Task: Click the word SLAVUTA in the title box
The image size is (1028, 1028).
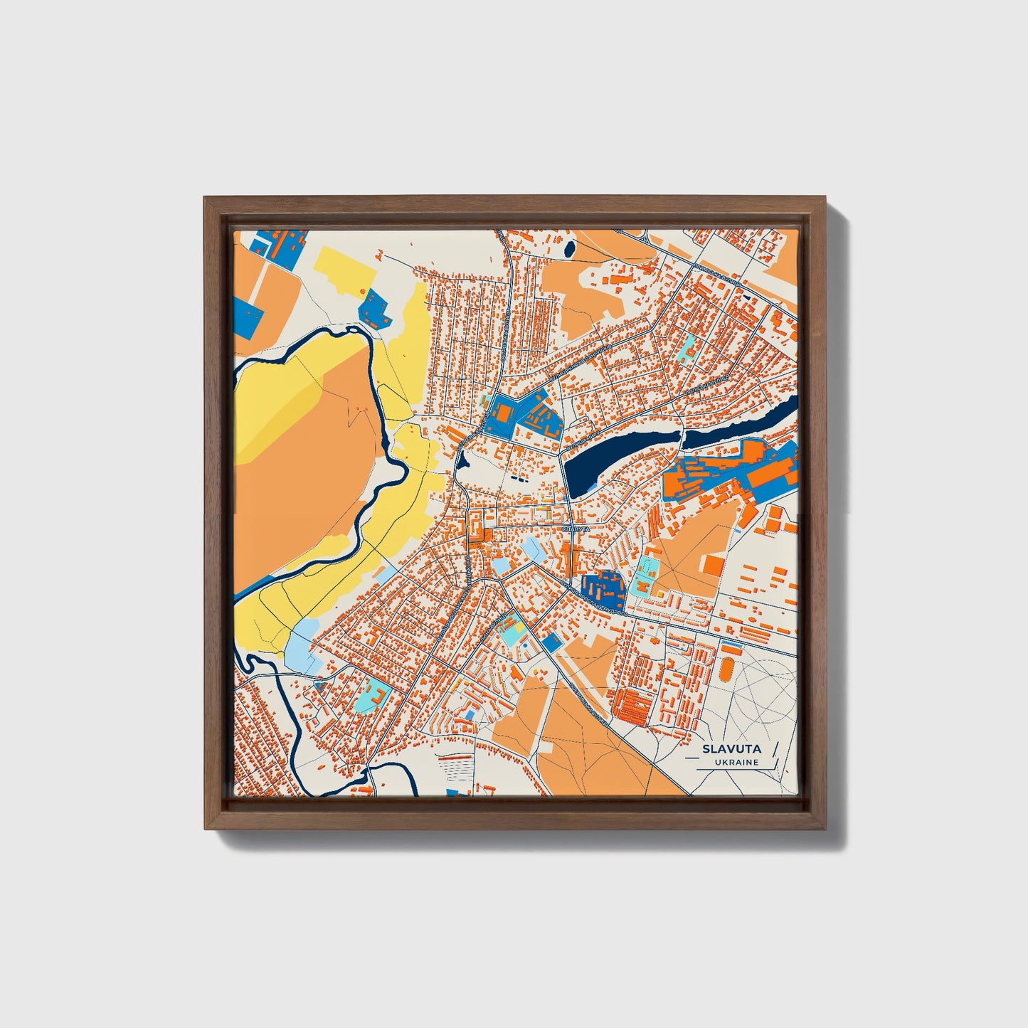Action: (731, 748)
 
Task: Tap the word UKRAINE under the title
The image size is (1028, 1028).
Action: (738, 762)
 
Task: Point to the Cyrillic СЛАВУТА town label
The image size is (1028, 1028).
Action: (576, 529)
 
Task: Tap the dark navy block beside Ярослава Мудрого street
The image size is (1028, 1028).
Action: (602, 587)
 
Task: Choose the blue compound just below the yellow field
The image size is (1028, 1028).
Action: (374, 308)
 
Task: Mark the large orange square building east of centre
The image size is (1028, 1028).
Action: (713, 565)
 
